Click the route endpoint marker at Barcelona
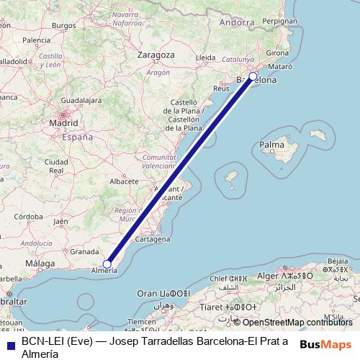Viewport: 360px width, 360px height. [x=253, y=76]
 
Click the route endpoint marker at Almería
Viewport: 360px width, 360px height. [x=107, y=264]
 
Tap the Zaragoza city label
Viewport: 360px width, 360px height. [x=156, y=55]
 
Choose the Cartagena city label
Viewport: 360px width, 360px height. [x=152, y=238]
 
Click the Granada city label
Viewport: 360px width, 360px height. [x=84, y=251]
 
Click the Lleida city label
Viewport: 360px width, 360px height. [x=206, y=57]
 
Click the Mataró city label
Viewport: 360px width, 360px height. [x=280, y=66]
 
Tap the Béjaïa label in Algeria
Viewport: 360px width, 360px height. [x=337, y=259]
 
